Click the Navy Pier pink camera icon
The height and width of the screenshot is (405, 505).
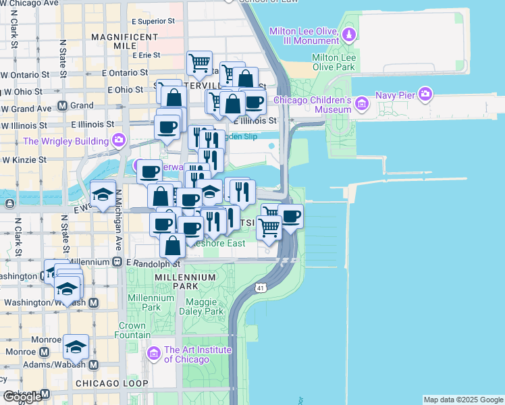pos(425,94)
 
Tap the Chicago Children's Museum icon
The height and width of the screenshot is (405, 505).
pos(362,103)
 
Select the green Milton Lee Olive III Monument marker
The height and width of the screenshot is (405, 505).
pos(348,34)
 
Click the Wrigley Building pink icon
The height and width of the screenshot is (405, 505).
pos(119,140)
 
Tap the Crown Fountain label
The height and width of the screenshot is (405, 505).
pos(133,330)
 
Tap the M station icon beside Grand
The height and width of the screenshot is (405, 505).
pos(62,105)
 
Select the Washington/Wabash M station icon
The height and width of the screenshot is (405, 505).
pos(93,302)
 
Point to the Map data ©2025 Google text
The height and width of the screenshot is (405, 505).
pos(463,400)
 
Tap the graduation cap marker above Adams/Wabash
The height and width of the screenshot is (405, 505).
pos(76,347)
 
